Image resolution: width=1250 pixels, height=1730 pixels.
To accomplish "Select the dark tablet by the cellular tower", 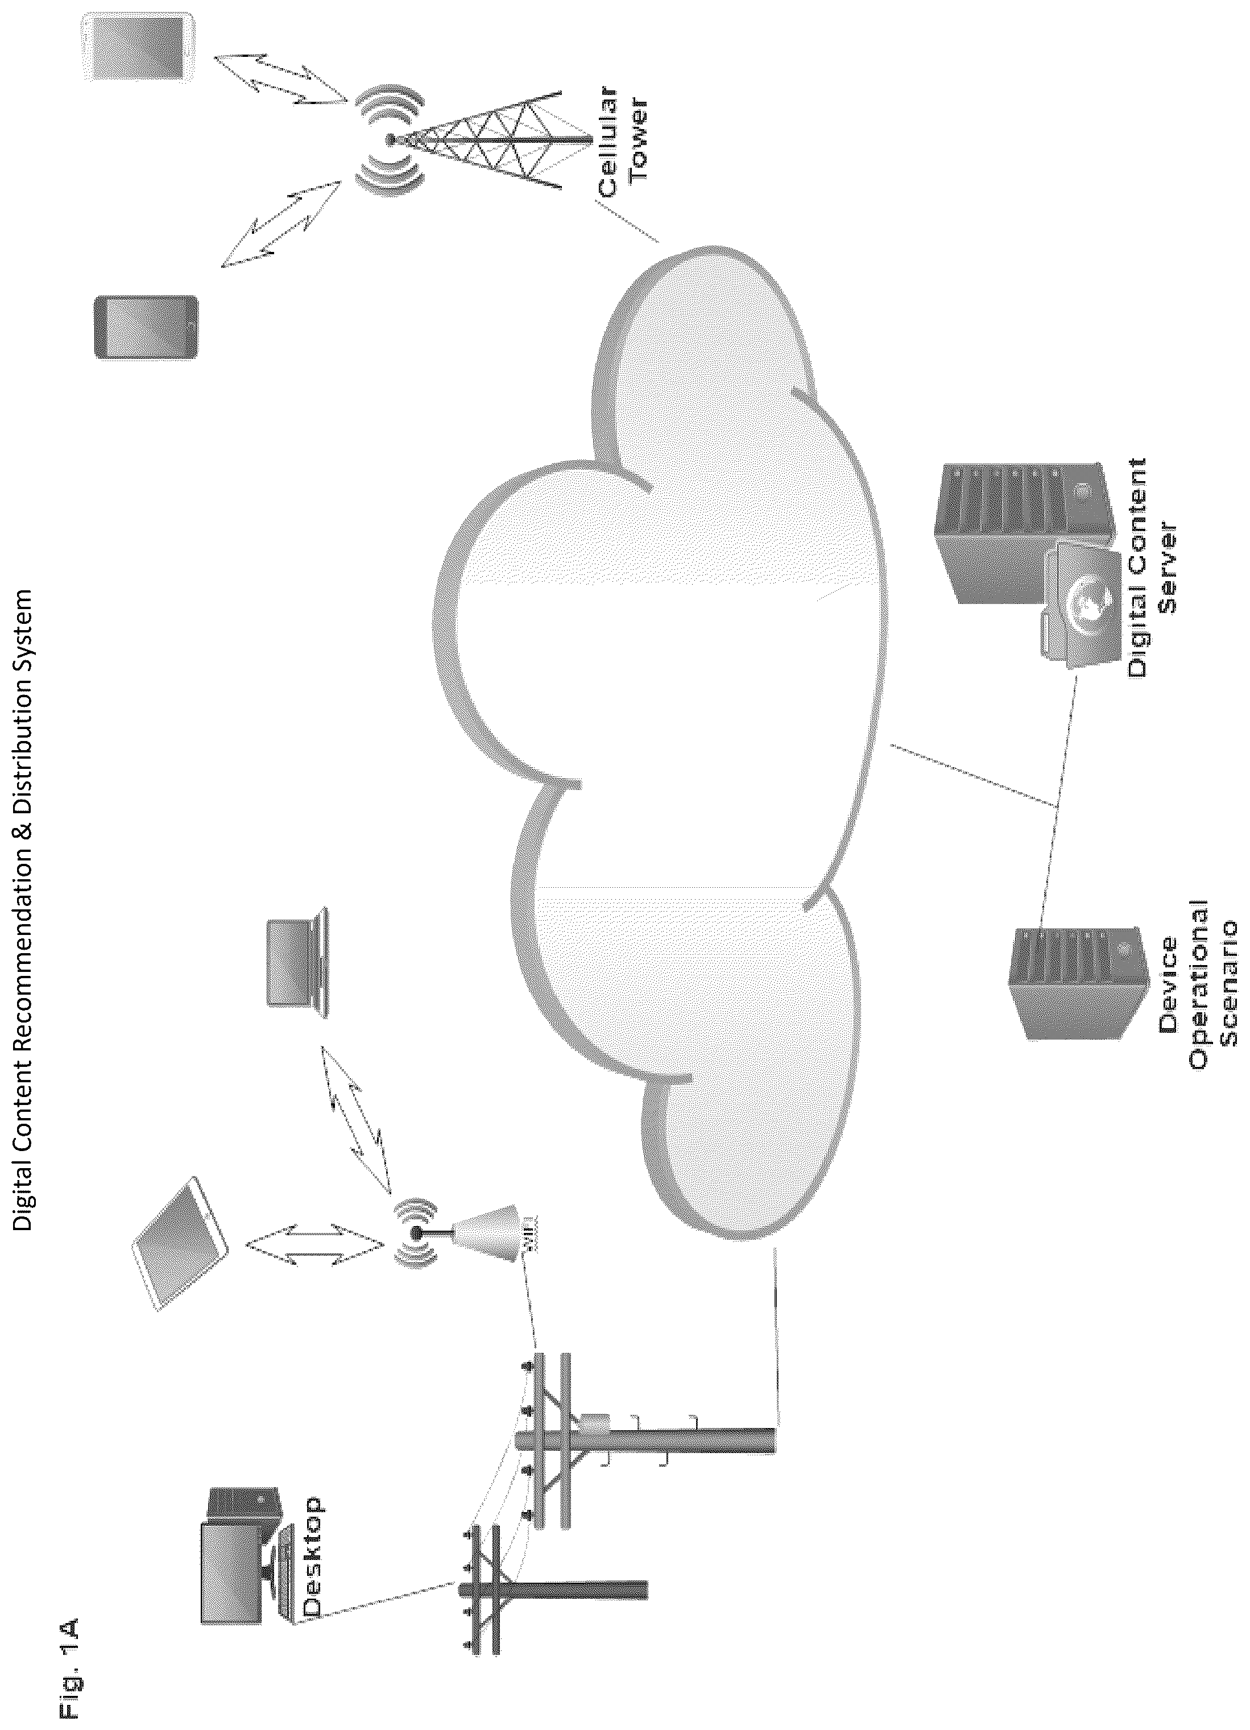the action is [145, 328].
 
